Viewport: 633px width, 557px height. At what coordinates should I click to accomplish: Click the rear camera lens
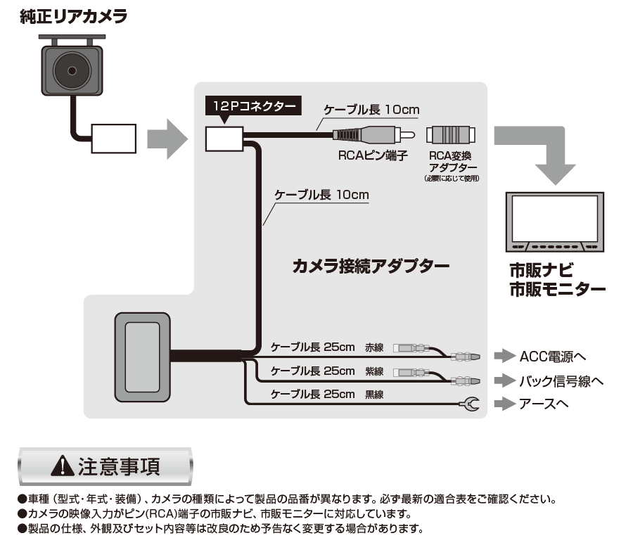[x=72, y=71]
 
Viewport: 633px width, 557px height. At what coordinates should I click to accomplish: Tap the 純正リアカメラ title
[x=73, y=17]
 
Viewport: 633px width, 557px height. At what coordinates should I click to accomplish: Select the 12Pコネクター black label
[x=253, y=105]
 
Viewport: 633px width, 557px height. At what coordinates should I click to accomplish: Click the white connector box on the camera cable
[x=113, y=139]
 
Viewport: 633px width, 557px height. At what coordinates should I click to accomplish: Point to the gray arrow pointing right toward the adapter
[x=167, y=139]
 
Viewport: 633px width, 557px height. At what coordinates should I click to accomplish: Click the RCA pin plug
[x=374, y=134]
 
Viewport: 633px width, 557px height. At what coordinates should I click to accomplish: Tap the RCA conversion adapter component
[x=451, y=135]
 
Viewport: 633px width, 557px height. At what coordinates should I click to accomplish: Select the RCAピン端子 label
[x=373, y=155]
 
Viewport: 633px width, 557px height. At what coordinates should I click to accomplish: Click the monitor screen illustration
[x=555, y=222]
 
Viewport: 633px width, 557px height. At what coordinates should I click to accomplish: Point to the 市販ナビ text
[x=541, y=270]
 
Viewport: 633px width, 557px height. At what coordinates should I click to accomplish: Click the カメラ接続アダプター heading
[x=371, y=267]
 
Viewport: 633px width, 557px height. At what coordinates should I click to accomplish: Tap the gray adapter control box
[x=143, y=357]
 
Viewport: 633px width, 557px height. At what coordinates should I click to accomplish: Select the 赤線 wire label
[x=374, y=347]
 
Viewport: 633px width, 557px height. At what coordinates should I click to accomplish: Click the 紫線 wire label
[x=374, y=371]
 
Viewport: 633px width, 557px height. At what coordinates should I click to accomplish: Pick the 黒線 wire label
[x=374, y=395]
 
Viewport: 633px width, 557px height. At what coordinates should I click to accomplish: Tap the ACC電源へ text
[x=552, y=357]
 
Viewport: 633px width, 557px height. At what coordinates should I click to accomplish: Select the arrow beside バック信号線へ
[x=505, y=380]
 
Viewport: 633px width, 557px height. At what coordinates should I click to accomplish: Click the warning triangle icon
[x=63, y=466]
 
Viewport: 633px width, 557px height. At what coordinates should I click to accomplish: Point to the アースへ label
[x=544, y=404]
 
